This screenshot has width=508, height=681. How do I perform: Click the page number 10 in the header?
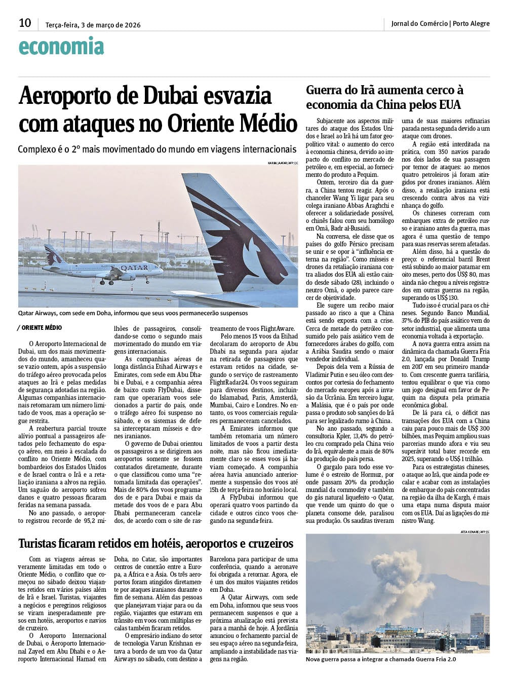tap(25, 23)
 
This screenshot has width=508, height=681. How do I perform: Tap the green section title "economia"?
tap(61, 47)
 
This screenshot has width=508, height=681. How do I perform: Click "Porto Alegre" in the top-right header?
tap(471, 23)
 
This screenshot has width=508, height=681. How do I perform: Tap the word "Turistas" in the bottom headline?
tap(44, 544)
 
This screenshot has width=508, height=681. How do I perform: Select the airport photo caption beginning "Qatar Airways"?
tap(133, 313)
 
